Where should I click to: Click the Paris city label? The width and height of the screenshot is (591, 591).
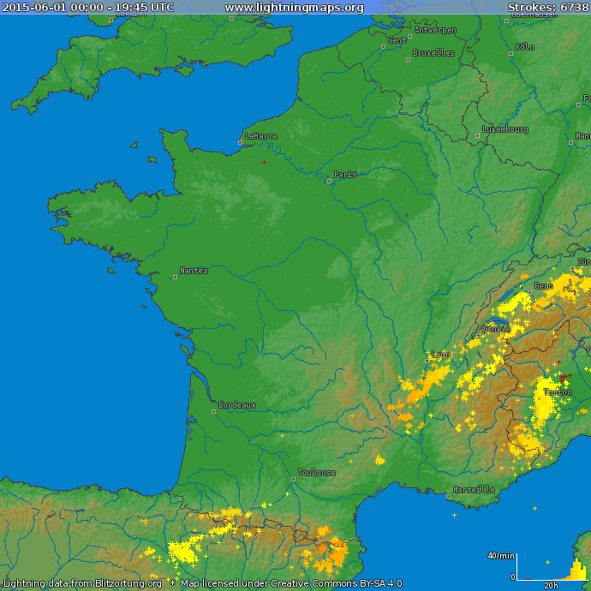pyautogui.click(x=345, y=175)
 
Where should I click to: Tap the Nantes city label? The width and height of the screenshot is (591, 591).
pyautogui.click(x=194, y=271)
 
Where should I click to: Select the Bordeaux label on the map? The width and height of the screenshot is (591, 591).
pyautogui.click(x=236, y=405)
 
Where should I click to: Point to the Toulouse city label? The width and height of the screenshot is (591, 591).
pyautogui.click(x=316, y=473)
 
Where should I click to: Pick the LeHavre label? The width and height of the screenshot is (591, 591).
pyautogui.click(x=261, y=136)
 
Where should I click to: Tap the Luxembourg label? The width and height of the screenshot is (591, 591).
pyautogui.click(x=505, y=129)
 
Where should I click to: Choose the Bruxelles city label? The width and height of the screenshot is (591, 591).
pyautogui.click(x=433, y=53)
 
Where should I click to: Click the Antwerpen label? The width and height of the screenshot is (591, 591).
pyautogui.click(x=435, y=30)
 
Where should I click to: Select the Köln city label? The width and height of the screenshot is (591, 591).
pyautogui.click(x=525, y=47)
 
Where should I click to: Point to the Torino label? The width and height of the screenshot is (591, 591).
pyautogui.click(x=558, y=392)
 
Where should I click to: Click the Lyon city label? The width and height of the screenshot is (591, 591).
pyautogui.click(x=441, y=354)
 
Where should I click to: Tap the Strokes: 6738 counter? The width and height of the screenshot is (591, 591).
pyautogui.click(x=547, y=8)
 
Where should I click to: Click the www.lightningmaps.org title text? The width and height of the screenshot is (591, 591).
pyautogui.click(x=294, y=8)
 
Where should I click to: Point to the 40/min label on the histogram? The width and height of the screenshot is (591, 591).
pyautogui.click(x=500, y=556)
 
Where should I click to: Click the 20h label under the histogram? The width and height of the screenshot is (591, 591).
pyautogui.click(x=552, y=586)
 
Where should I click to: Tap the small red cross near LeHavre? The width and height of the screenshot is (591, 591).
pyautogui.click(x=264, y=162)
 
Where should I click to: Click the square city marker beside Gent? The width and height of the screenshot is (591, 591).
pyautogui.click(x=383, y=47)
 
